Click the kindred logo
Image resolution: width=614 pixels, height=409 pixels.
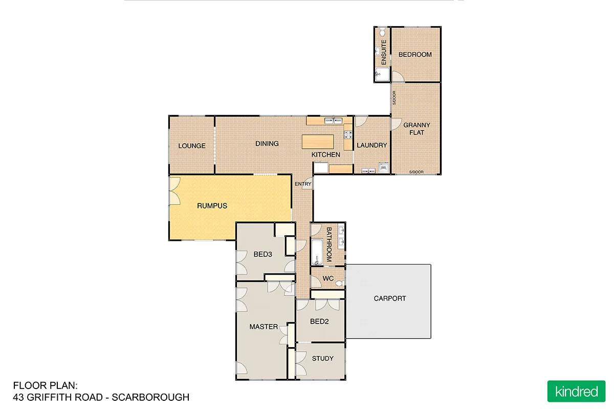point(576,392)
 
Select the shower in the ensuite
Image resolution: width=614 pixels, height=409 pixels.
point(381,75)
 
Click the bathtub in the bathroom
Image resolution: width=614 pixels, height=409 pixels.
point(316,251)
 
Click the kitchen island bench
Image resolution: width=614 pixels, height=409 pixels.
point(318,141)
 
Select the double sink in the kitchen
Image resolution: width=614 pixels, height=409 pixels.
point(334,121)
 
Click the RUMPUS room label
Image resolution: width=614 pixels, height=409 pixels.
point(212,206)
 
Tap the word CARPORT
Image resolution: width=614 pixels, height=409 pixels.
point(390,299)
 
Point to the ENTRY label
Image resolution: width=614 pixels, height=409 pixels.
point(303,184)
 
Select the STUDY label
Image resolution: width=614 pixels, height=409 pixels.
point(322,358)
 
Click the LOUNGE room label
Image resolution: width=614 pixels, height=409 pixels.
point(192,146)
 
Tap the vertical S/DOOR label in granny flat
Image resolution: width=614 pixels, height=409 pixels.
point(394,98)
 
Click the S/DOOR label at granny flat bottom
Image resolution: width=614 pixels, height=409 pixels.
point(416,172)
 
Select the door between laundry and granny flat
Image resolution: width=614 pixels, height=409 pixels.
point(395,124)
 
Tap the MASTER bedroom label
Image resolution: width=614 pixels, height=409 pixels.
point(264,327)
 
